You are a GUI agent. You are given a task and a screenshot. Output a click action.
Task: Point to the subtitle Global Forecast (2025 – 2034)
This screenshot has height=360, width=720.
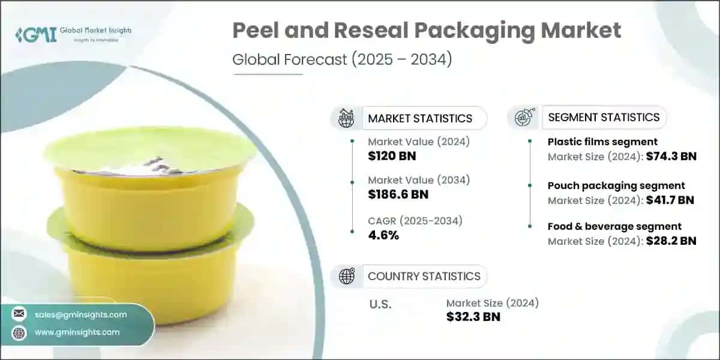[341, 60]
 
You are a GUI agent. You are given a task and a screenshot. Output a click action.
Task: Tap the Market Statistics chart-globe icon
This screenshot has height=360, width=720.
[347, 118]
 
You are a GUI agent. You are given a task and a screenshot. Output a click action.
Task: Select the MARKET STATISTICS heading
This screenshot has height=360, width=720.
[420, 118]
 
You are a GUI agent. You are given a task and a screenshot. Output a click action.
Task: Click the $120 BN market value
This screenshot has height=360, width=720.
[392, 157]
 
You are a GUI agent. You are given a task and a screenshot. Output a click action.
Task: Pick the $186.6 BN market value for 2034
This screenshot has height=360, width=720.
[399, 195]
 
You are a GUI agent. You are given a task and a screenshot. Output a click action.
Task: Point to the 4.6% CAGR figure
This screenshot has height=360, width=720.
[383, 235]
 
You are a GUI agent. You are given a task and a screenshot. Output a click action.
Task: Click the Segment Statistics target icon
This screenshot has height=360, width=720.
[523, 118]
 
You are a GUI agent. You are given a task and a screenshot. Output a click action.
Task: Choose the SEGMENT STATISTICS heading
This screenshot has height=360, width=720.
[604, 118]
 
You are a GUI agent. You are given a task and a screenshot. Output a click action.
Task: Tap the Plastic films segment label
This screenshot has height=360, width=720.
[602, 142]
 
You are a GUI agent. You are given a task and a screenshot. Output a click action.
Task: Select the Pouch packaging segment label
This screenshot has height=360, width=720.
[616, 185]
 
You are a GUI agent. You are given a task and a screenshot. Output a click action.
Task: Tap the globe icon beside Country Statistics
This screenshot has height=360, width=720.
[347, 276]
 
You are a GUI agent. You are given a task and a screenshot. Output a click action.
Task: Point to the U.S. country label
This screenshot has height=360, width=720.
[380, 304]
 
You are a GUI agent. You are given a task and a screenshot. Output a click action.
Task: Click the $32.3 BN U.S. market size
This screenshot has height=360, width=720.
[473, 317]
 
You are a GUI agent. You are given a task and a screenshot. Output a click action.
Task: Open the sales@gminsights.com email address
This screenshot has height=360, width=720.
[80, 314]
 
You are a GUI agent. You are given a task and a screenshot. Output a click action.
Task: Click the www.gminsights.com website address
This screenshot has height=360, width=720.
[77, 332]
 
